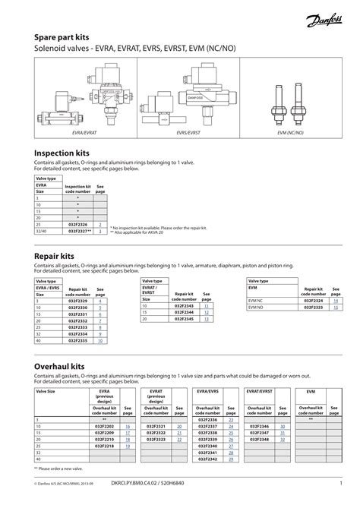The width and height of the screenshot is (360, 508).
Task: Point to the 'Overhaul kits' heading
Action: click(62, 367)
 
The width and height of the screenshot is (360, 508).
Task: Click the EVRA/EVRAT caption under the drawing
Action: click(82, 133)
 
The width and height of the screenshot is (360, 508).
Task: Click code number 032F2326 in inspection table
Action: click(77, 225)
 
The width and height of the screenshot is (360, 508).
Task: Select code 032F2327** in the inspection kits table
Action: click(79, 232)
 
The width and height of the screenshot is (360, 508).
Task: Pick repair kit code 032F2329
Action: click(78, 301)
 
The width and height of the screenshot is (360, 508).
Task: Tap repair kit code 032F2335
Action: click(78, 341)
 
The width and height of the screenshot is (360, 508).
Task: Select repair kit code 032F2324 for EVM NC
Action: click(313, 301)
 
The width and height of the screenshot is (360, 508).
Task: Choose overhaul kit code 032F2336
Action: click(207, 420)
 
